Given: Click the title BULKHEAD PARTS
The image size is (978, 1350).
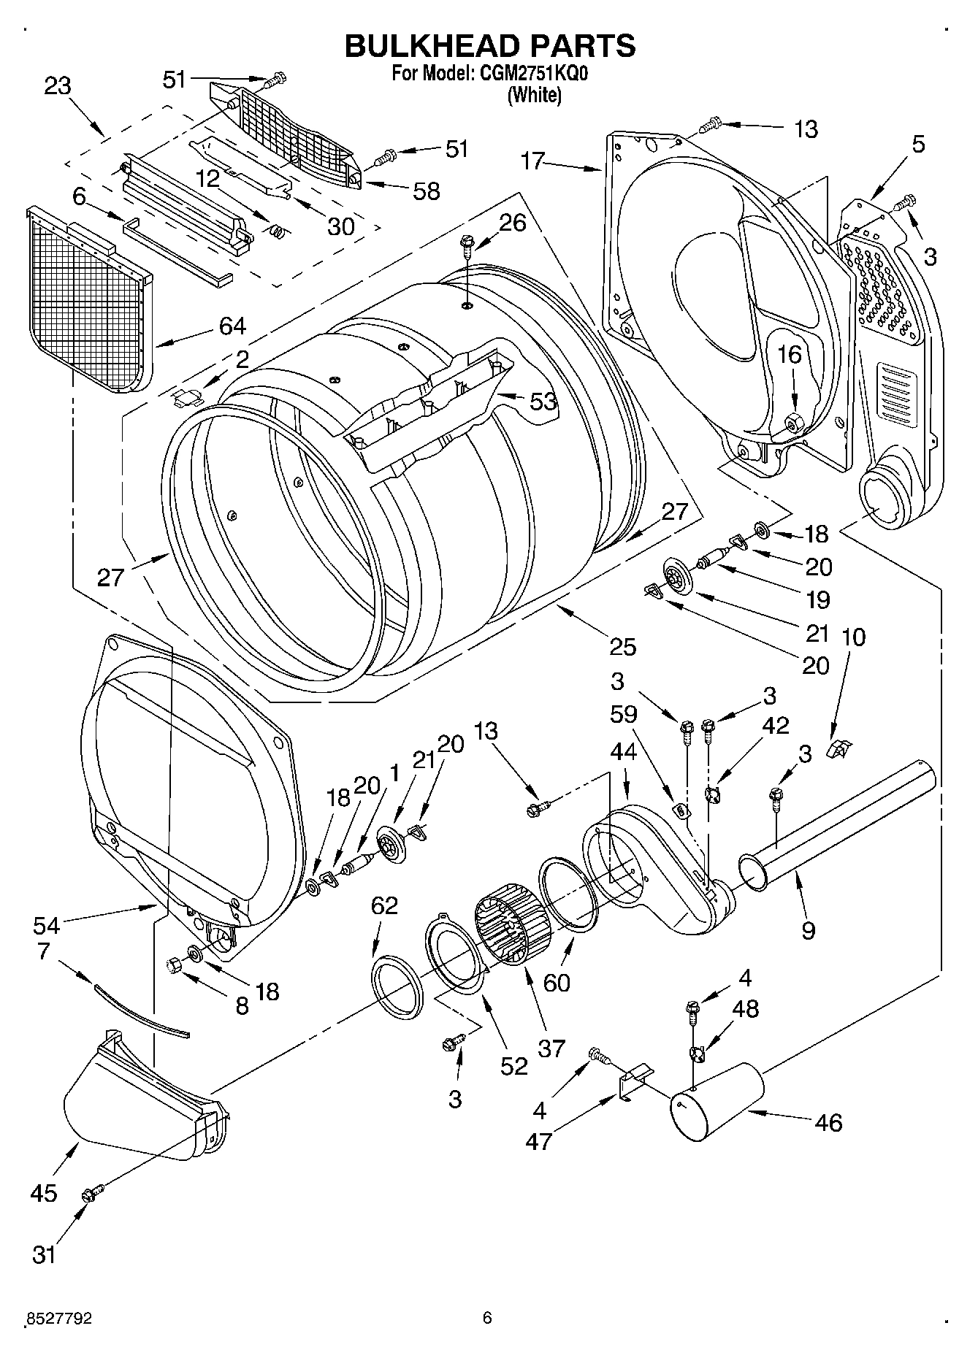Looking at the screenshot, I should click(x=489, y=45).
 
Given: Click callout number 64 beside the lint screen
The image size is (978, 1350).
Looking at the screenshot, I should click(x=232, y=326).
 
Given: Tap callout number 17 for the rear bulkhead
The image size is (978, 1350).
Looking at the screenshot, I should click(x=534, y=161).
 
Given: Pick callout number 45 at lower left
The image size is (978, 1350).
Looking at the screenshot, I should click(x=44, y=1193).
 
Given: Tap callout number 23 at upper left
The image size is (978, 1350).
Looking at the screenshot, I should click(x=58, y=86).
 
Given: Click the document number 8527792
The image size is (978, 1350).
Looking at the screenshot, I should click(x=58, y=1318).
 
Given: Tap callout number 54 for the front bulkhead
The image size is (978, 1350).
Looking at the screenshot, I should click(x=46, y=925).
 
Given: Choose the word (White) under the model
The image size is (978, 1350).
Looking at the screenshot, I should click(x=535, y=95).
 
